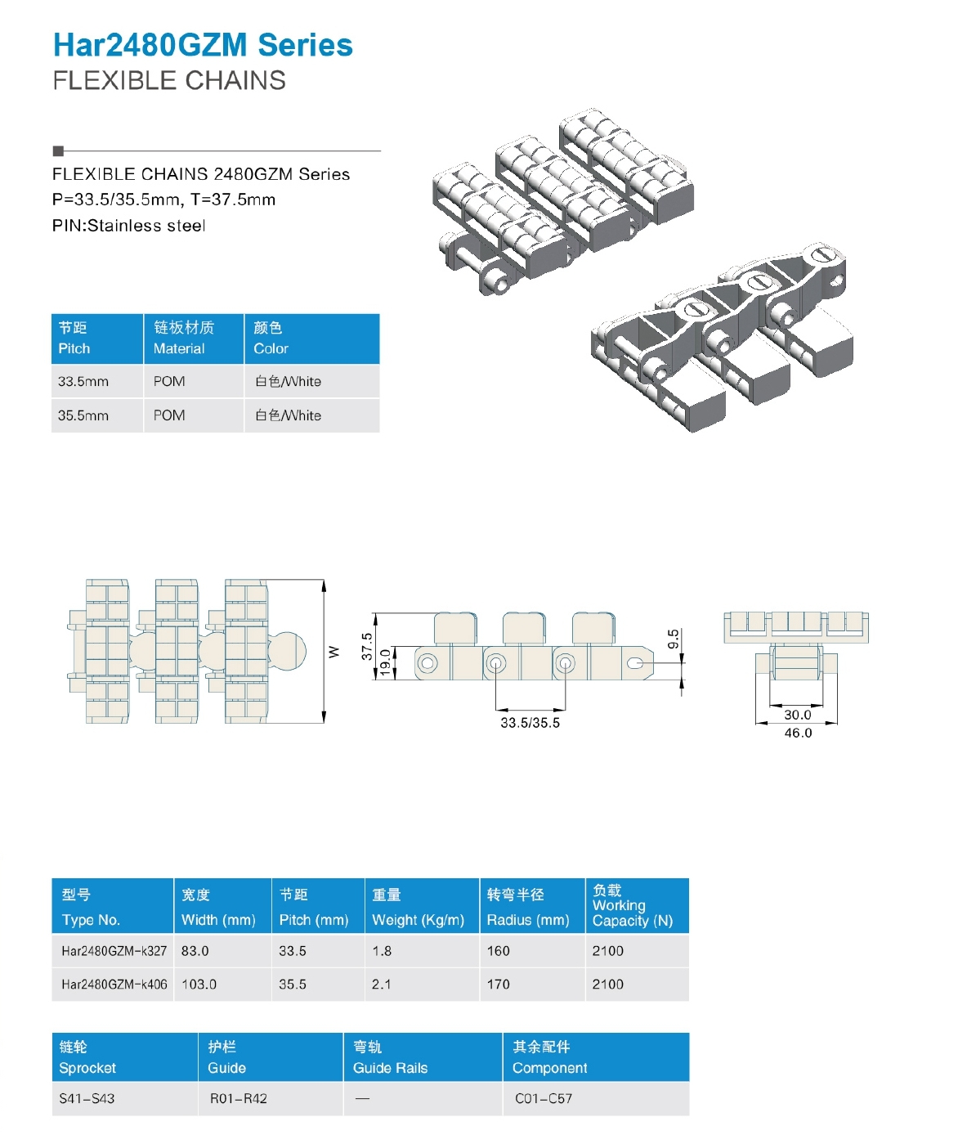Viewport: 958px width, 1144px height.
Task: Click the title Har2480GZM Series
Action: pyautogui.click(x=203, y=45)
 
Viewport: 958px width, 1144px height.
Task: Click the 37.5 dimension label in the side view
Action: pyautogui.click(x=366, y=646)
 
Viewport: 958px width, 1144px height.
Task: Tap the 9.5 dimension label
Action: pyautogui.click(x=674, y=639)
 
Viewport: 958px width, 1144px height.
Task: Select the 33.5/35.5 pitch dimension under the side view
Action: pyautogui.click(x=530, y=723)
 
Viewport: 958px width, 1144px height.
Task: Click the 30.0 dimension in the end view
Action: pyautogui.click(x=797, y=715)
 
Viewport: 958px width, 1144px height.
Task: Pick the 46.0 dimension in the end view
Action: pyautogui.click(x=798, y=733)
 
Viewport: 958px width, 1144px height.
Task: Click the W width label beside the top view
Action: pyautogui.click(x=334, y=652)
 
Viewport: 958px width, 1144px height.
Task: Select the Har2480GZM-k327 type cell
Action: pyautogui.click(x=114, y=950)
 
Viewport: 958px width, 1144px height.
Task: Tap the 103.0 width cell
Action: pyautogui.click(x=199, y=984)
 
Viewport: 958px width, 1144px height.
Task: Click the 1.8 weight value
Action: pyautogui.click(x=382, y=950)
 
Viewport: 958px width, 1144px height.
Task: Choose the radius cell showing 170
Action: pyautogui.click(x=498, y=984)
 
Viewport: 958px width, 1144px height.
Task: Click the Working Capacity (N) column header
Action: pyautogui.click(x=632, y=913)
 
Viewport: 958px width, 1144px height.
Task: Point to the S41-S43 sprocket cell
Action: pyautogui.click(x=87, y=1098)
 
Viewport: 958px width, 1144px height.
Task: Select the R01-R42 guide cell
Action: pyautogui.click(x=238, y=1098)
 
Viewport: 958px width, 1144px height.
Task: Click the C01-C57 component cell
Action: pyautogui.click(x=544, y=1098)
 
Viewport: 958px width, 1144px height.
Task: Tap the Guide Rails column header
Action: pyautogui.click(x=390, y=1067)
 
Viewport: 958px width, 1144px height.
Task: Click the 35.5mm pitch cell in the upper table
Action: pyautogui.click(x=83, y=415)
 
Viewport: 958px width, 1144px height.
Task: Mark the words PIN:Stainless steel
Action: pyautogui.click(x=128, y=225)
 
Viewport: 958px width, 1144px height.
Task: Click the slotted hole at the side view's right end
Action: pyautogui.click(x=635, y=663)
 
